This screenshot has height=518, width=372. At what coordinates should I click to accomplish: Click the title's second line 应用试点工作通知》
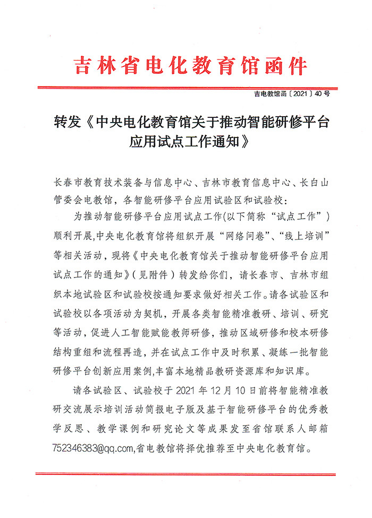189,143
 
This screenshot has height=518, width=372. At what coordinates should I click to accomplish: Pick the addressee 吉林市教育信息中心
242,184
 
